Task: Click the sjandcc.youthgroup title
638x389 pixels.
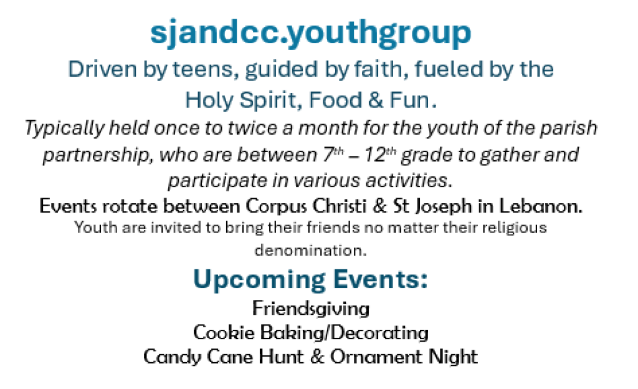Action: click(x=310, y=32)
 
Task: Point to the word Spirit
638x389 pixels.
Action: click(x=270, y=100)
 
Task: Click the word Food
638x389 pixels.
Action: click(x=335, y=100)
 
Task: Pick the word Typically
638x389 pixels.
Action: click(x=64, y=128)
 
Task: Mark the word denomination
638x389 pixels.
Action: click(x=310, y=250)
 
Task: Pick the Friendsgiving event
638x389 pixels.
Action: click(x=311, y=309)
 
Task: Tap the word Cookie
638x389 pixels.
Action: click(x=224, y=332)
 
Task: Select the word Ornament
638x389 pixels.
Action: click(x=376, y=357)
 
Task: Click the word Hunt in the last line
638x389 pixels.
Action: click(x=281, y=357)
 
